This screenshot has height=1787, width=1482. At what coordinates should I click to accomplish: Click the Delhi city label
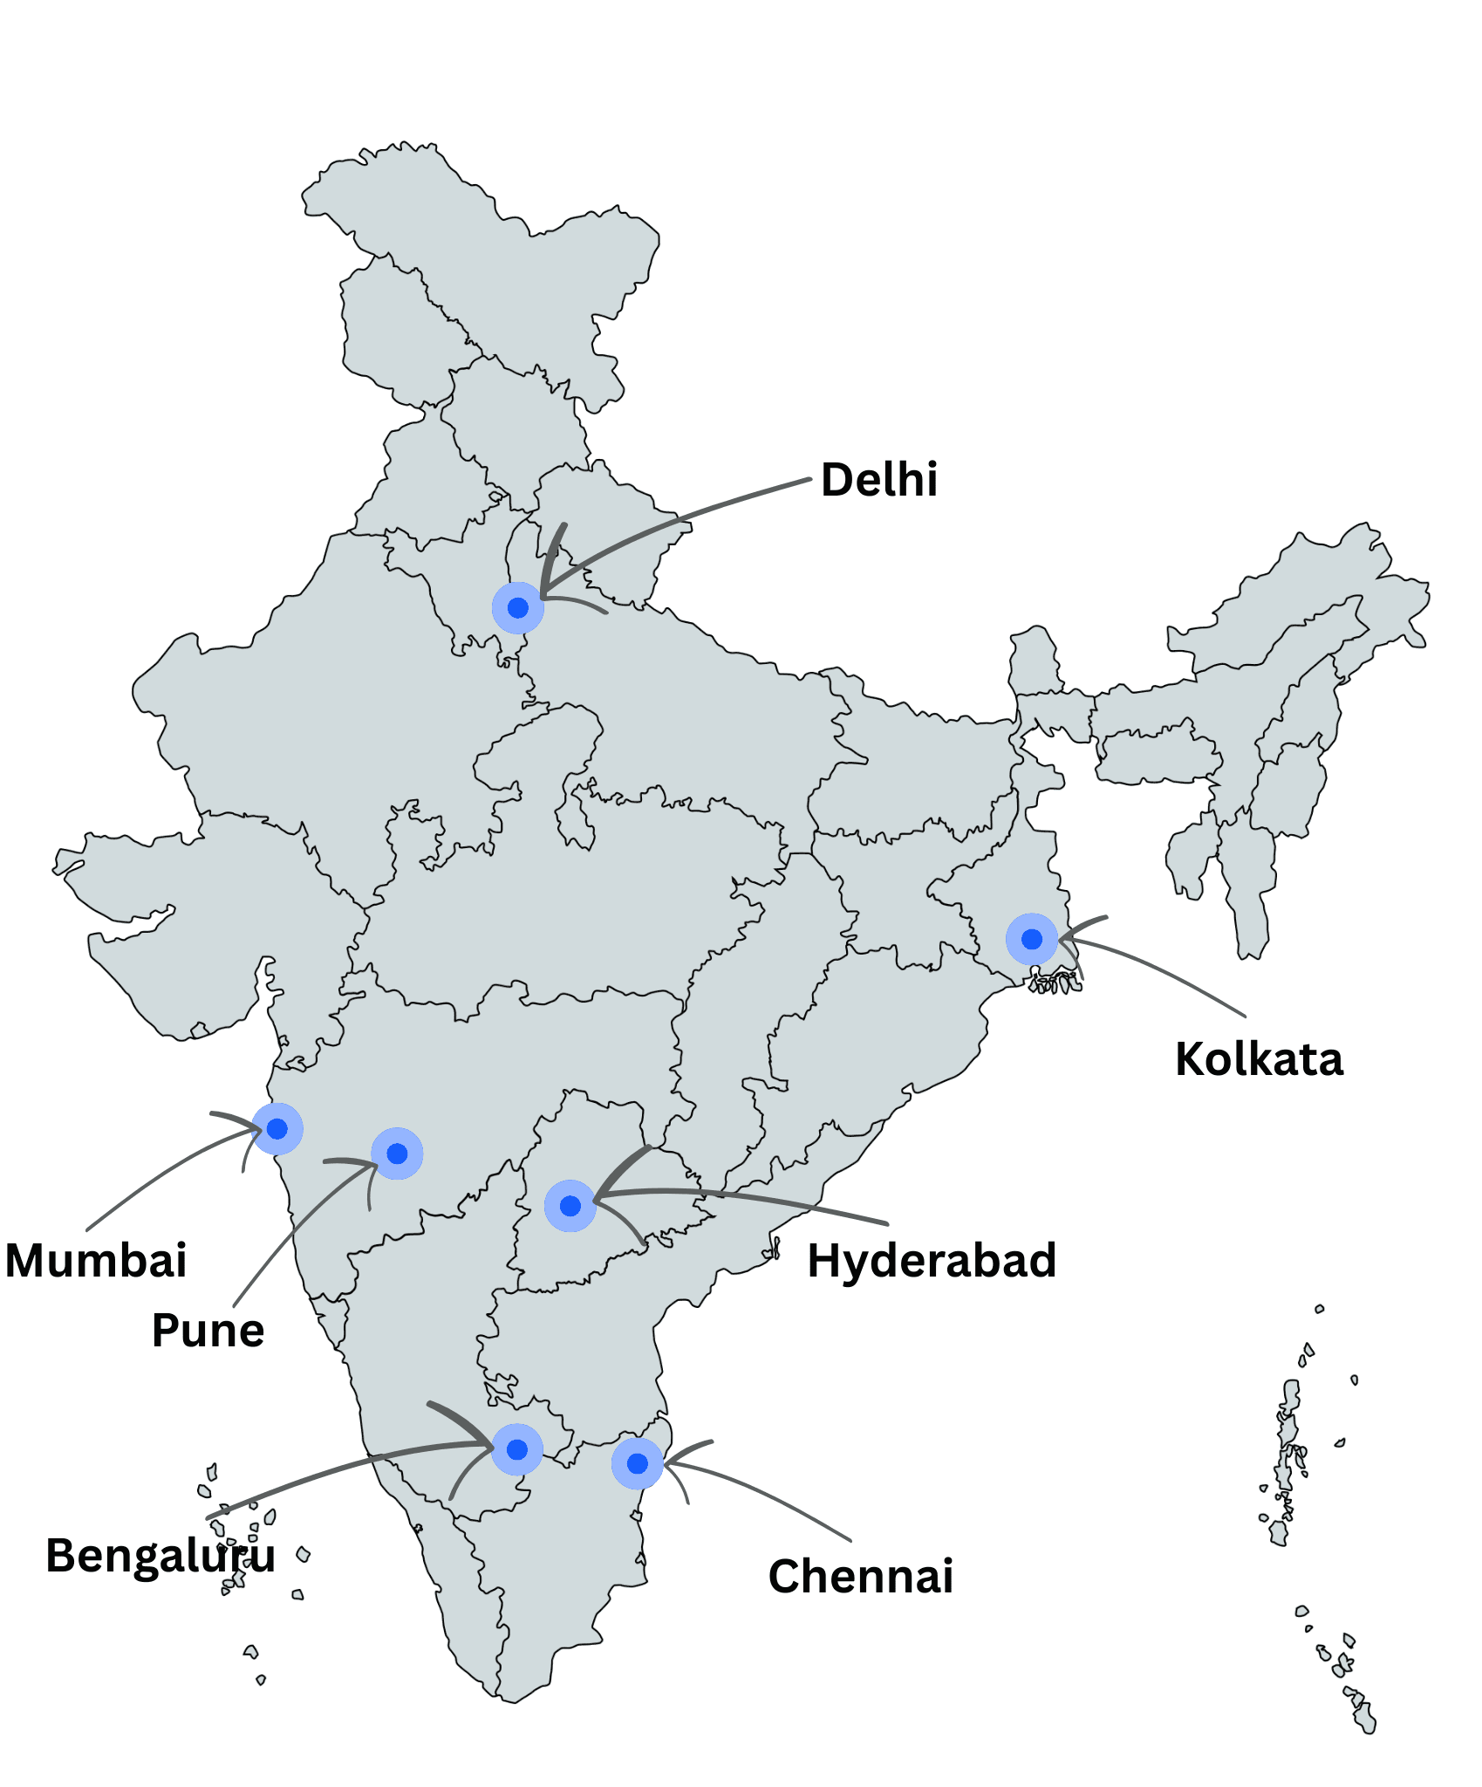coord(879,480)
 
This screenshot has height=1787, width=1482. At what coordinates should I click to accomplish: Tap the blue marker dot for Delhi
coord(518,607)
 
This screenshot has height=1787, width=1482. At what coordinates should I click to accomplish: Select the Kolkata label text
coord(1259,1059)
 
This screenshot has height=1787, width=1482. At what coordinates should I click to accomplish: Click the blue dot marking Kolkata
coord(1032,939)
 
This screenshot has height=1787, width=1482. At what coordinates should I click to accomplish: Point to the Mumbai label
coord(96,1261)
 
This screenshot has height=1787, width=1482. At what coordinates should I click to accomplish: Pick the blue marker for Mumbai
coord(277,1129)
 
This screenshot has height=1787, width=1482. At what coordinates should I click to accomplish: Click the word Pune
coord(208,1331)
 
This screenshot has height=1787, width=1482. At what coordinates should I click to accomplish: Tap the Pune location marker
coord(397,1154)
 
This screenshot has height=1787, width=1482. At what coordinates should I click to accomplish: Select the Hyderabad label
coord(932,1261)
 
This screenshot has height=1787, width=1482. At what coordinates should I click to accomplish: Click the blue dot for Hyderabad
coord(570,1206)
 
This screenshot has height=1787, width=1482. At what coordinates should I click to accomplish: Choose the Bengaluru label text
coord(160,1556)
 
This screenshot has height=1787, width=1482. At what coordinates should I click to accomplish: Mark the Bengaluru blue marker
coord(517,1449)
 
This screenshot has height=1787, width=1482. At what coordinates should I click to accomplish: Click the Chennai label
coord(861,1577)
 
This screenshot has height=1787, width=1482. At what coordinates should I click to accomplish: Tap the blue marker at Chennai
coord(638,1463)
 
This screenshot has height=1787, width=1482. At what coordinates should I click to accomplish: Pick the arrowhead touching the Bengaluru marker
coord(488,1445)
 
